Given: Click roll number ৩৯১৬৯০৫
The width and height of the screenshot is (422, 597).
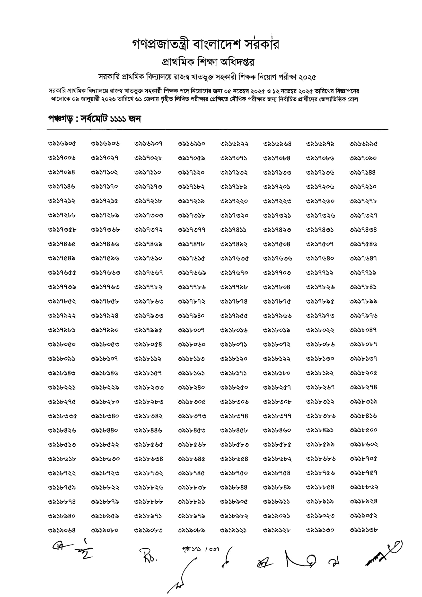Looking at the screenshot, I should coord(62,144).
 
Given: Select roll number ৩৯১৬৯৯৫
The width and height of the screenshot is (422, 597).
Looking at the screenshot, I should coord(363,144).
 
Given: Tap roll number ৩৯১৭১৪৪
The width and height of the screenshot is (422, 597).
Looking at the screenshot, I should coord(363,172).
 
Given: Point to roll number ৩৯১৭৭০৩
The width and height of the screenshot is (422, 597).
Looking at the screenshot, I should coord(277,273).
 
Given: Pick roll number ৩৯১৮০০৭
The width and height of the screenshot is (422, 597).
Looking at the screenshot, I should coord(191,330).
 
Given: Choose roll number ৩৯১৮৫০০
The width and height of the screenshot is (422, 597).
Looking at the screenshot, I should coord(363,430).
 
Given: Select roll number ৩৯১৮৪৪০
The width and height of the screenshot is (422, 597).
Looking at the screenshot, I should coord(104,430).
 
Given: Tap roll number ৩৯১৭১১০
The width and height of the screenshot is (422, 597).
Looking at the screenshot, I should coord(148,172).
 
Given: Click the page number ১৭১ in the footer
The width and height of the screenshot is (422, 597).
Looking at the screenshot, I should coord(197,549).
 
